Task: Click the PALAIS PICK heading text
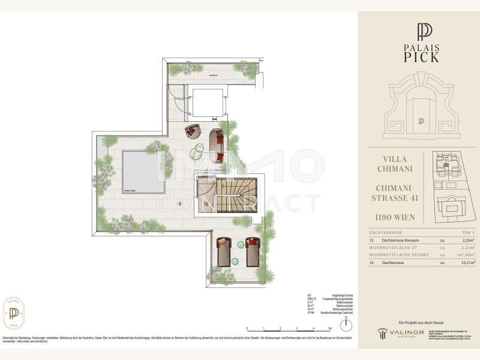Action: (421, 52)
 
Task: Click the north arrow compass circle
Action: (346, 324)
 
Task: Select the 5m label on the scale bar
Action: (331, 329)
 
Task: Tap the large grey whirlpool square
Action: (143, 171)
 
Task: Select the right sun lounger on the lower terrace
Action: (252, 251)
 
